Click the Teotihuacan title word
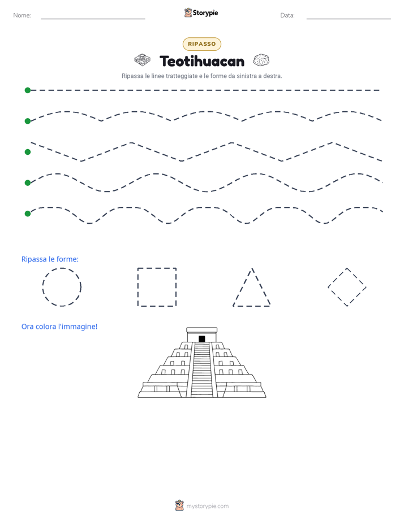point(202,61)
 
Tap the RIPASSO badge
point(202,44)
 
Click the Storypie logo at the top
point(201,12)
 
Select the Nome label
point(22,15)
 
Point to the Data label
point(287,15)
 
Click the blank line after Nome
point(93,19)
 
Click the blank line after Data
point(349,19)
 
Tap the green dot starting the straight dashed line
point(28,90)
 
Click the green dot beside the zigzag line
point(28,152)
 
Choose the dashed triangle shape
point(242,287)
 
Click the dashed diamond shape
point(337,277)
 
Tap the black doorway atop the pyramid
point(201,339)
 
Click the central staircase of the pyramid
point(201,369)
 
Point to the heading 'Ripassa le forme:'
point(50,259)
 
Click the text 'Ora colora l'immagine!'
point(59,327)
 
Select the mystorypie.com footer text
point(207,506)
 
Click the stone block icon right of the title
point(261,60)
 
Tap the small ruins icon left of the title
point(143,60)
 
